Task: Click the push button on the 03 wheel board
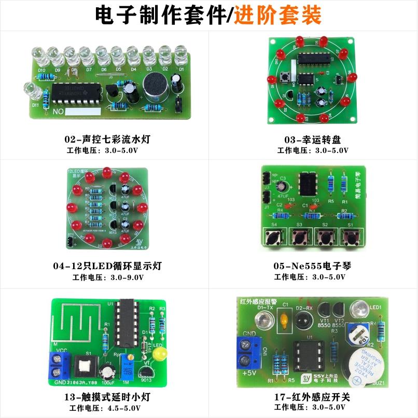coord(284,78)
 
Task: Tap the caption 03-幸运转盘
coord(313,140)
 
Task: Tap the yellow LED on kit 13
coord(160,355)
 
